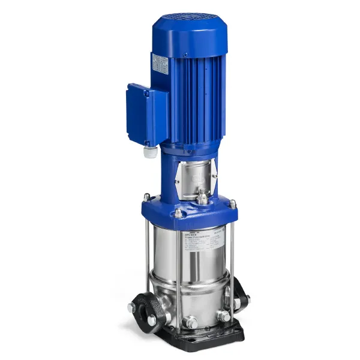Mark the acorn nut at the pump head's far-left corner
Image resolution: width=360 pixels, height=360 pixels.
(x=146, y=196)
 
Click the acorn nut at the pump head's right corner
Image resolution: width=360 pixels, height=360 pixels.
(x=232, y=205)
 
